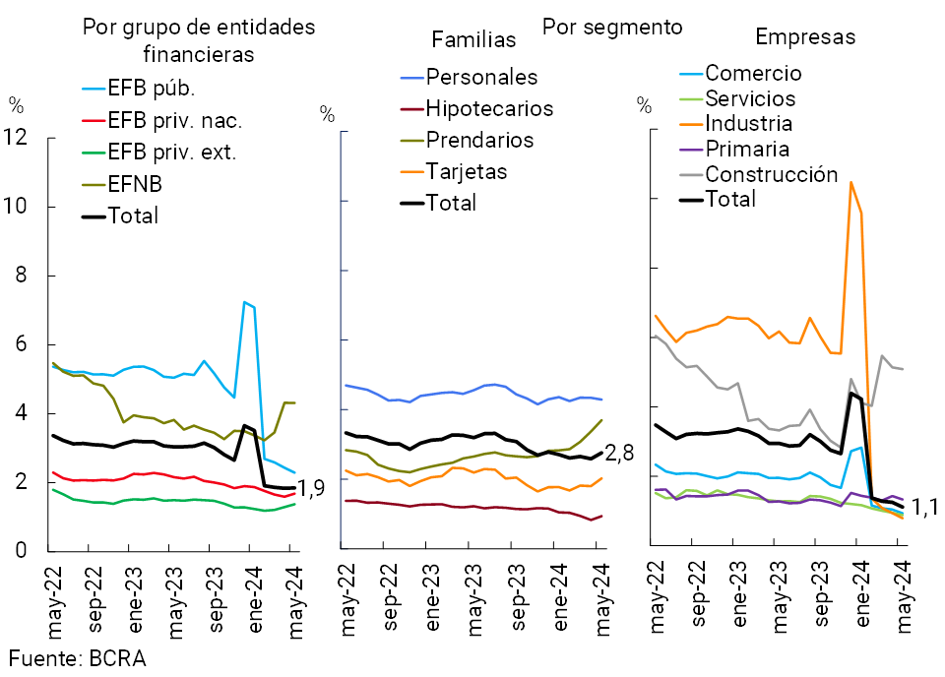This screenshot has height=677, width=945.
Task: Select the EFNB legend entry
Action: click(135, 184)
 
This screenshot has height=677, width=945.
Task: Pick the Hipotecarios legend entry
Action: click(489, 109)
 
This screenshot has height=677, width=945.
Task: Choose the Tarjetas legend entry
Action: click(467, 172)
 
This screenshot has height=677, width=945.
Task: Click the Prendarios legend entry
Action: click(479, 141)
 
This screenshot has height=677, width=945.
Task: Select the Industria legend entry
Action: click(749, 124)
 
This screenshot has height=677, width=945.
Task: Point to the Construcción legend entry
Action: click(771, 175)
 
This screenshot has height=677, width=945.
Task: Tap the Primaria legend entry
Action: click(747, 150)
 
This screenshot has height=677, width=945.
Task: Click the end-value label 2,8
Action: click(620, 454)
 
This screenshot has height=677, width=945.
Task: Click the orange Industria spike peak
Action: click(850, 182)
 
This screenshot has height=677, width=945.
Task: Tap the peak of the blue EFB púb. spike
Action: click(243, 302)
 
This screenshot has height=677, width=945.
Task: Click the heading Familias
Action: click(474, 40)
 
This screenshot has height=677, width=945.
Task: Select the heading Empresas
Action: click(805, 37)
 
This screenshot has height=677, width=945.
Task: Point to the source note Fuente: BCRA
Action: click(78, 658)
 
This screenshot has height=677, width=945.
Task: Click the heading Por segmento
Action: click(612, 25)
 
